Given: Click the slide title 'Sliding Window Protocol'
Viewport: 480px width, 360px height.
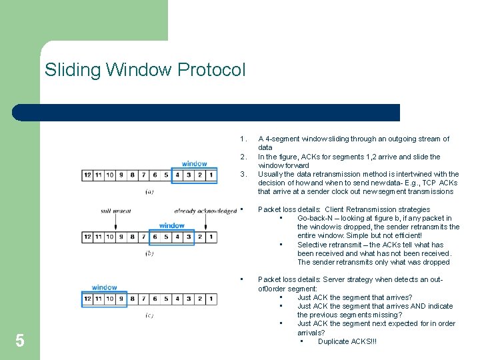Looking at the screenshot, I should click(x=145, y=69).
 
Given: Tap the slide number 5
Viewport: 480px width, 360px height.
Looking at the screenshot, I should click(x=20, y=341).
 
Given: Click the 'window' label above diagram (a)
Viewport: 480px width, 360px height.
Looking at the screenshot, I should click(x=194, y=163).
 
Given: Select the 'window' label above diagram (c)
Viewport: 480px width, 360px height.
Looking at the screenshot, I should click(x=105, y=287).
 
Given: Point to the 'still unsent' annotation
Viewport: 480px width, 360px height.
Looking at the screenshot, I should click(x=115, y=211).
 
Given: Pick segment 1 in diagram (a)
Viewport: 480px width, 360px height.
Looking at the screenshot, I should click(x=211, y=175).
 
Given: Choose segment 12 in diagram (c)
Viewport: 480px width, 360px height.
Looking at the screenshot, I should click(x=87, y=299).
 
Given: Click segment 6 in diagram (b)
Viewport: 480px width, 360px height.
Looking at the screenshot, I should click(x=155, y=237).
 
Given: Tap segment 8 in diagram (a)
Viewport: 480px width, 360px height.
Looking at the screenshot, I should click(x=133, y=175).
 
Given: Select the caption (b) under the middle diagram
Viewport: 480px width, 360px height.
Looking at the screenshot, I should click(x=149, y=253).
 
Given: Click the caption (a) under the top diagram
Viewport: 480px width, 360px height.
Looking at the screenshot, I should click(x=149, y=191).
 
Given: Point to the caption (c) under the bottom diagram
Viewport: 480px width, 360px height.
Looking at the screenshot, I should click(x=149, y=315).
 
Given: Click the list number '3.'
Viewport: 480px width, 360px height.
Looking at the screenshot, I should click(x=243, y=174).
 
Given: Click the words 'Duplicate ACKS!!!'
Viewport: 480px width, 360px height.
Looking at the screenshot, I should click(x=347, y=341).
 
